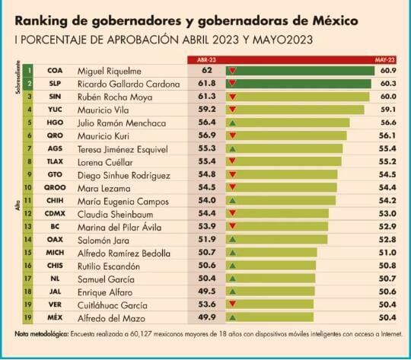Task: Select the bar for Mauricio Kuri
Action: click(285, 135)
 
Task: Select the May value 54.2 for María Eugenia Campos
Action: click(385, 201)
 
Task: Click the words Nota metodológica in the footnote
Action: click(42, 333)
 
